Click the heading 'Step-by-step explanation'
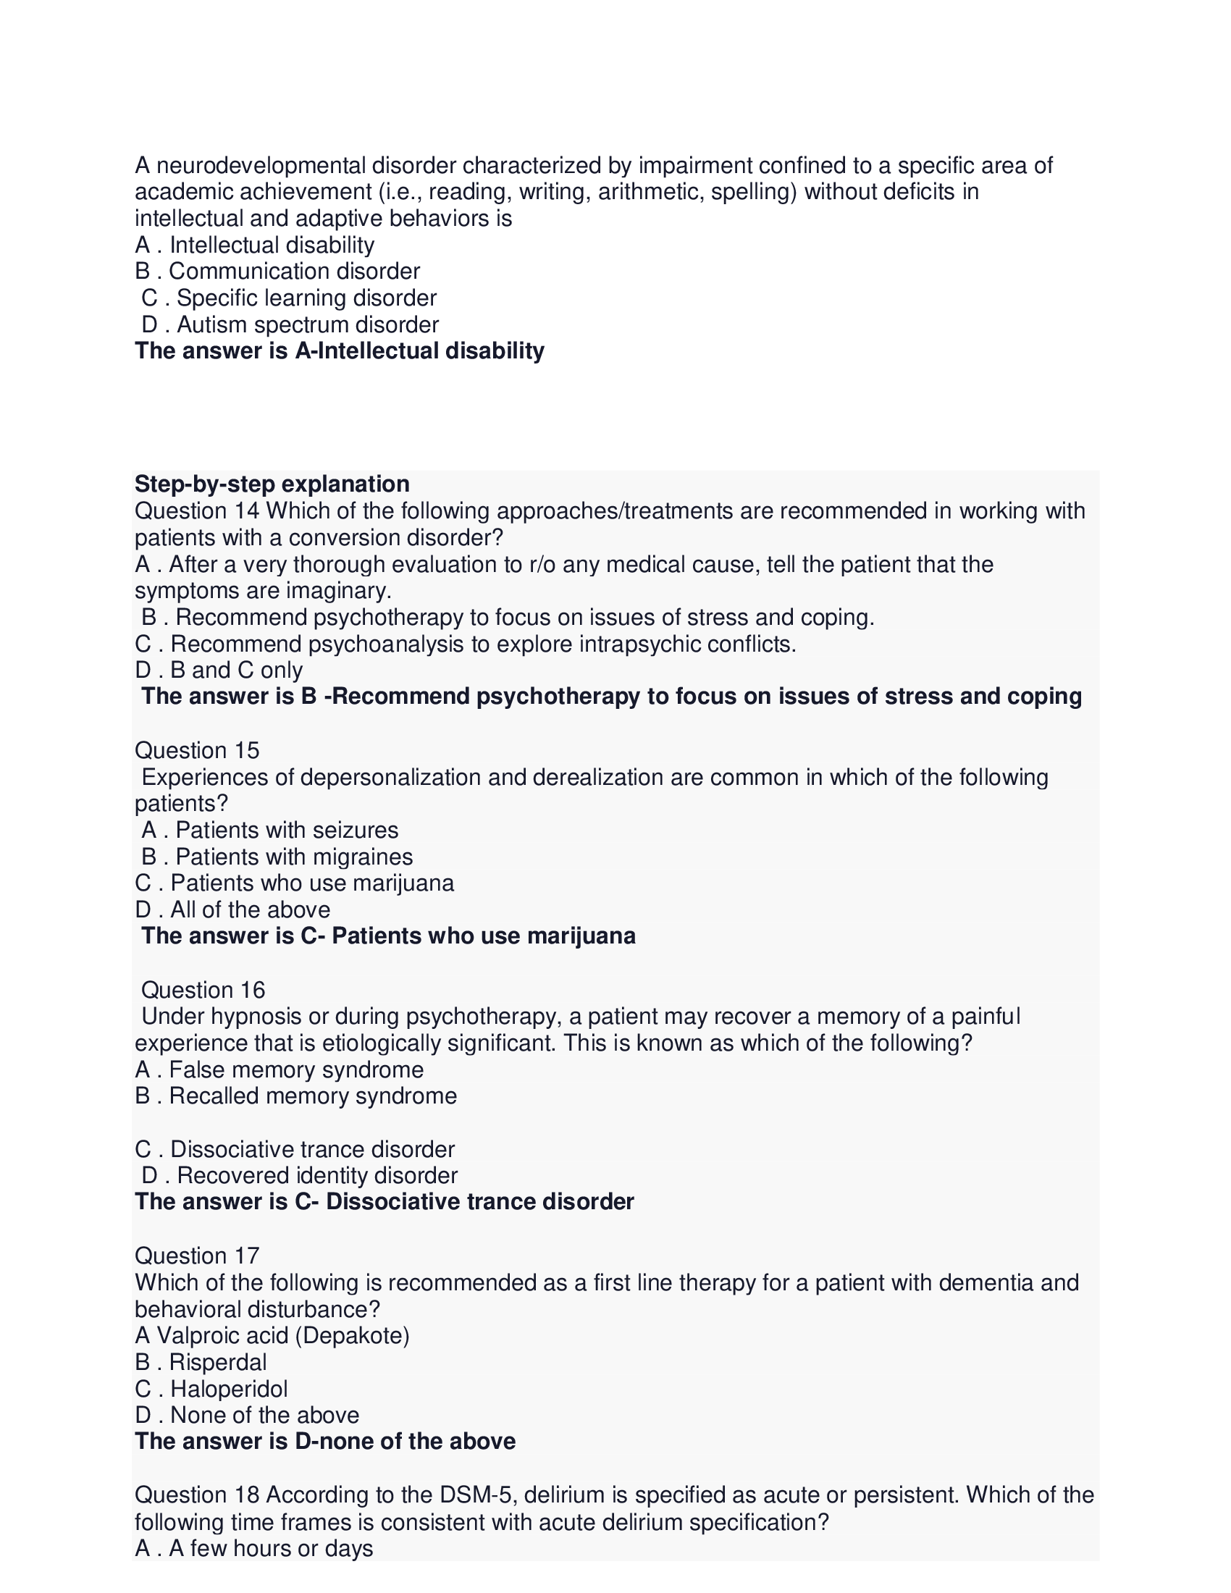tap(272, 484)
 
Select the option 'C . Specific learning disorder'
tap(289, 298)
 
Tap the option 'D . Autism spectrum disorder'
tap(290, 324)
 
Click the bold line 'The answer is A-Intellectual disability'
tap(339, 351)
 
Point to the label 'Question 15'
tap(197, 750)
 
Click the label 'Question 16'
tap(203, 989)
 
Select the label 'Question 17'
tap(197, 1256)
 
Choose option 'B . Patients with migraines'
tap(277, 857)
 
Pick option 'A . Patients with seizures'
tap(270, 830)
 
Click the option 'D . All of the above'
tap(232, 909)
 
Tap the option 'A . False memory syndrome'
tap(280, 1069)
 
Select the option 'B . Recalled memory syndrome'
tap(296, 1096)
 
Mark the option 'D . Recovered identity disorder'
tap(300, 1175)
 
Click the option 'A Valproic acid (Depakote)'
tap(272, 1334)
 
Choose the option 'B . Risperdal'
tap(201, 1362)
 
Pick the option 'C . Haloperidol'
tap(211, 1388)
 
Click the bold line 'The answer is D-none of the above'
tap(325, 1441)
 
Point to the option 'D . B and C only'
tap(219, 670)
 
